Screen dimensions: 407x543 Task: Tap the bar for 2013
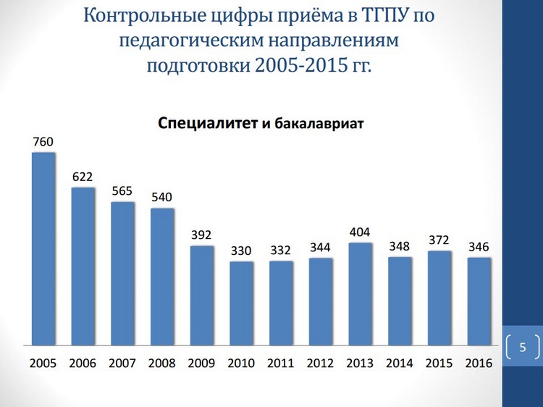tap(360, 293)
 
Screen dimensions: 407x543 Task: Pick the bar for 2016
tap(479, 301)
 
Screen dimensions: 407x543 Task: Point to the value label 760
tap(43, 142)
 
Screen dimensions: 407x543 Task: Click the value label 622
tap(83, 177)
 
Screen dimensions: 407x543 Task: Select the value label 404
tap(360, 232)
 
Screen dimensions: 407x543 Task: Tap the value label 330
tap(241, 251)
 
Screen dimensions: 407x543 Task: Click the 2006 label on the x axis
tap(83, 363)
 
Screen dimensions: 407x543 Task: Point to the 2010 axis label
tap(241, 363)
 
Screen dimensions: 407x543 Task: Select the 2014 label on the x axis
tap(400, 363)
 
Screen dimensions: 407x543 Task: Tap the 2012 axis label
tap(320, 363)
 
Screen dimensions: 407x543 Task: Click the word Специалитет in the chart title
tap(207, 123)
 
